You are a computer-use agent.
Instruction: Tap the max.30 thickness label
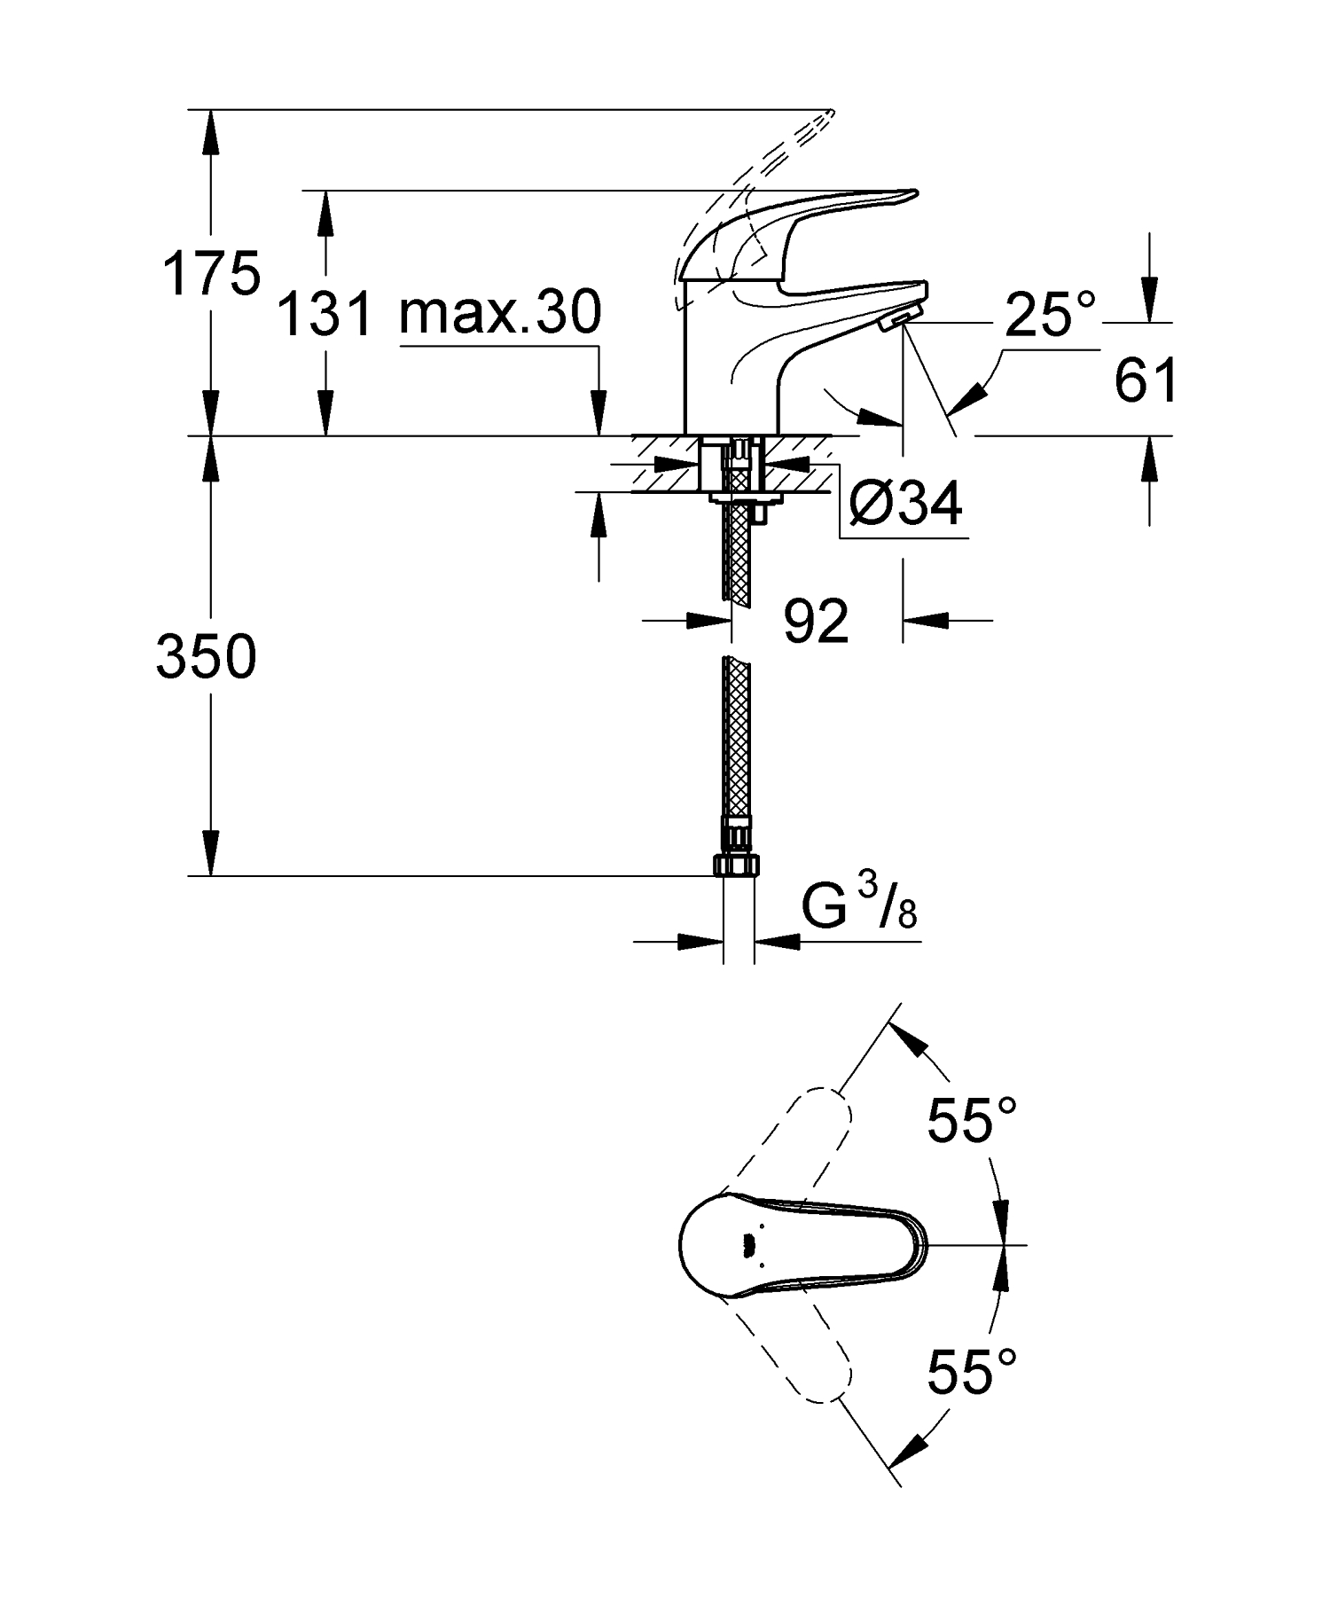point(500,312)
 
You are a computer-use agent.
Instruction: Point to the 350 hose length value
point(207,657)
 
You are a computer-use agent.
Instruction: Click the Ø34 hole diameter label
point(904,504)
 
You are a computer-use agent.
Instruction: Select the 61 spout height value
point(1146,380)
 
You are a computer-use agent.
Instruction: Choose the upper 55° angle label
point(972,1120)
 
